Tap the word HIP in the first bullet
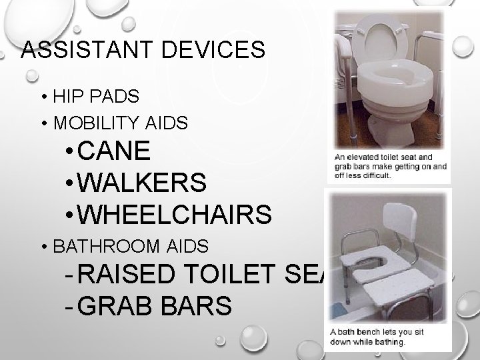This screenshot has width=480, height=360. [66, 97]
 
